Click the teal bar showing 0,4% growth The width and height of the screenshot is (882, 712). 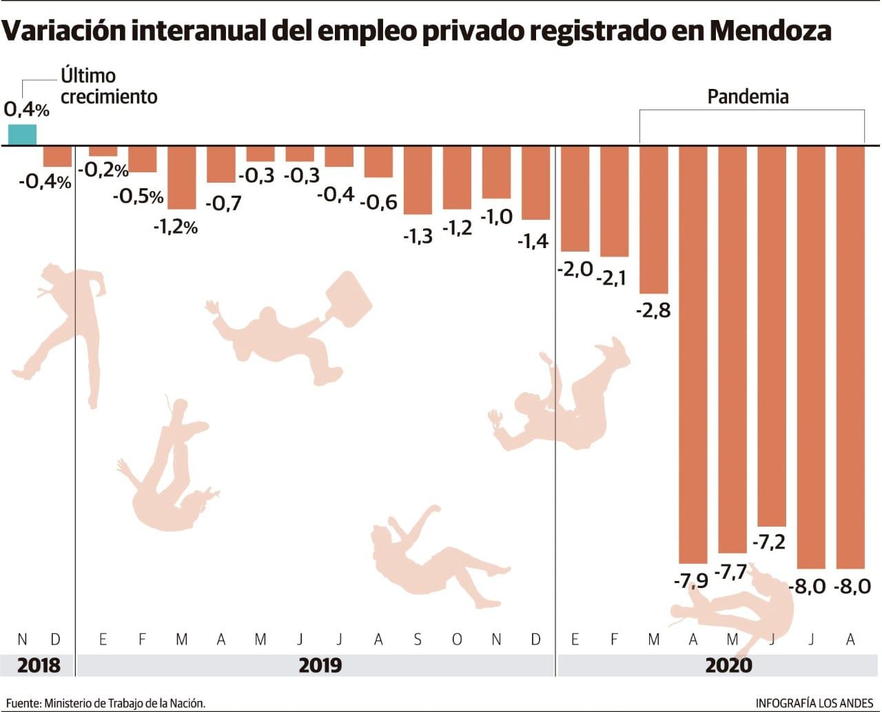[22, 135]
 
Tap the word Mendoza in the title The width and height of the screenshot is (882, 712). [770, 31]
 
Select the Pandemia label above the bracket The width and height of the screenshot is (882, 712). [748, 96]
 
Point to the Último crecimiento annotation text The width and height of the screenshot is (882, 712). [108, 86]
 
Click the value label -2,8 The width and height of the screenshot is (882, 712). [653, 310]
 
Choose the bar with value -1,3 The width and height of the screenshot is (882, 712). [418, 180]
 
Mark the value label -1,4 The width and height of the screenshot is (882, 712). [533, 241]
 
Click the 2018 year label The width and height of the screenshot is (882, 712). [39, 665]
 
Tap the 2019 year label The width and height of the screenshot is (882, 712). [320, 665]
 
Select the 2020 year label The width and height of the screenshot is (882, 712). [729, 665]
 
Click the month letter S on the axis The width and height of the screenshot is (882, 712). [418, 640]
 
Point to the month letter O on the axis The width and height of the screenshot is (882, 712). [457, 640]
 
